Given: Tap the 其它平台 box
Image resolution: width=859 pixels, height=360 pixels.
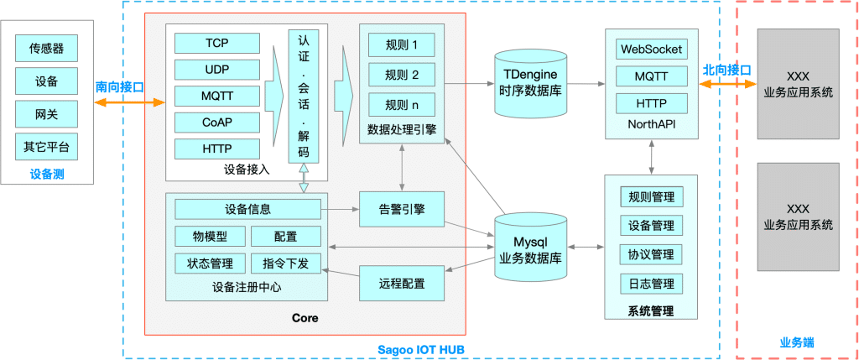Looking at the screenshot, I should pos(46,146).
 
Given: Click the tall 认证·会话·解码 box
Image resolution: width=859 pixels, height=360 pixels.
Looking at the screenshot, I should pos(303,96).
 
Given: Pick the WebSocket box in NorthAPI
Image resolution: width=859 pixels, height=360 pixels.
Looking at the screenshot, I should pos(651,49).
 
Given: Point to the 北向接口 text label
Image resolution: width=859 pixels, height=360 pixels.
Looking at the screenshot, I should pos(726,70).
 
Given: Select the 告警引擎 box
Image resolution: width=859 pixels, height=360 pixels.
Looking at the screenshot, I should pos(402,209).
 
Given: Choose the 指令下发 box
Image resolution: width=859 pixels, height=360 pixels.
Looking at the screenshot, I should pos(285,263).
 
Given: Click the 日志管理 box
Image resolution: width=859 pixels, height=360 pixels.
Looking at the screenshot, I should pos(651,284).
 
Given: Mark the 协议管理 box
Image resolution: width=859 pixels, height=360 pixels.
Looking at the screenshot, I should pos(651,254).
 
